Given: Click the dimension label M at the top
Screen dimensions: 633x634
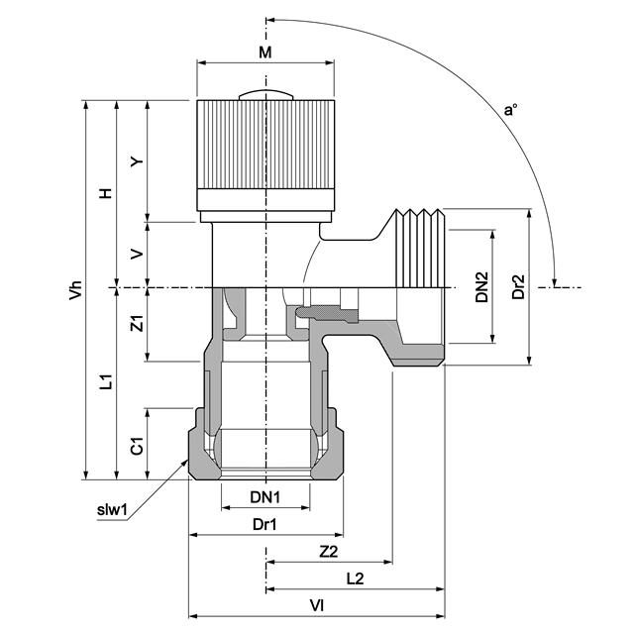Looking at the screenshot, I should pyautogui.click(x=264, y=51).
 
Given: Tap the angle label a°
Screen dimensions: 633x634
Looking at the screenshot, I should pyautogui.click(x=510, y=110).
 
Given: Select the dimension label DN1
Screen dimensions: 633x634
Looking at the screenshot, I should pyautogui.click(x=264, y=496).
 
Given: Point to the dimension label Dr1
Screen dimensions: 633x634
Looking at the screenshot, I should pyautogui.click(x=264, y=524).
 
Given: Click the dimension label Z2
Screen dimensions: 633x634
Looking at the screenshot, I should pyautogui.click(x=329, y=551).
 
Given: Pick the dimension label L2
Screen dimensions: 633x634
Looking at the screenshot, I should pyautogui.click(x=355, y=579).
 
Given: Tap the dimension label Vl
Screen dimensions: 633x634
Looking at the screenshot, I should pyautogui.click(x=317, y=604).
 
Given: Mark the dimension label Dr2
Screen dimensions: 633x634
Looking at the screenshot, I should pyautogui.click(x=517, y=287).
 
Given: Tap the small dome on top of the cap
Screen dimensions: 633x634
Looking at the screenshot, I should pyautogui.click(x=265, y=95).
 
